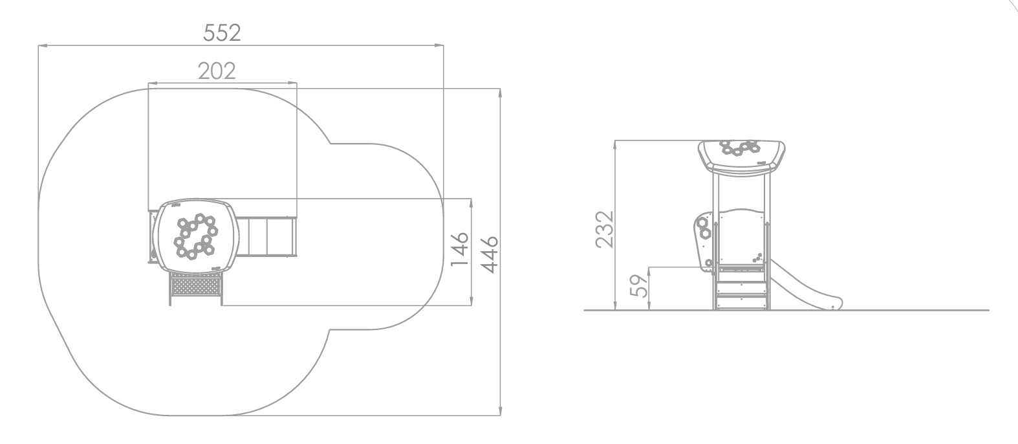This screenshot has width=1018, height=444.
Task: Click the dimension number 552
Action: [x=222, y=33]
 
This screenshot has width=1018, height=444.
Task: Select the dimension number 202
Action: [x=217, y=71]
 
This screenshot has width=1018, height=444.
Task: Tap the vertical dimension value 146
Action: [x=459, y=249]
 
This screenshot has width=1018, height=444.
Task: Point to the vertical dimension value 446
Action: [x=490, y=255]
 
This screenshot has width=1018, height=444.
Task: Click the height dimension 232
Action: [x=605, y=229]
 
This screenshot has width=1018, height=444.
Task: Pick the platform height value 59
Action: [x=640, y=285]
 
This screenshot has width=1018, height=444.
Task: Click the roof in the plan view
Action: [x=197, y=236]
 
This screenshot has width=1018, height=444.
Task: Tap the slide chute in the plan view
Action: [x=266, y=236]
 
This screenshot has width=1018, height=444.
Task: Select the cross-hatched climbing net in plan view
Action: [x=196, y=285]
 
